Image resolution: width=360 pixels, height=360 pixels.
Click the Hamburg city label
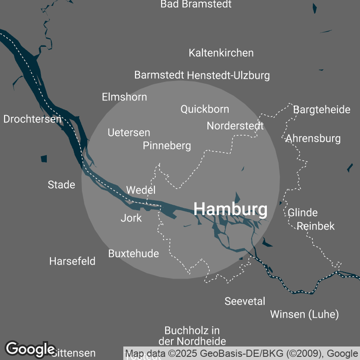click(230, 209)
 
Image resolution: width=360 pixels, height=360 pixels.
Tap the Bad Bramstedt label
click(196, 4)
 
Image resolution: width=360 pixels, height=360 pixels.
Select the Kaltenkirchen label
click(221, 53)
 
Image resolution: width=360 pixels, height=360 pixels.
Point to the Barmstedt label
click(159, 75)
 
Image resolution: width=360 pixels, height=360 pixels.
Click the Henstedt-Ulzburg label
click(229, 75)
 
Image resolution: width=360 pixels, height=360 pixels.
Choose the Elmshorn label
click(124, 97)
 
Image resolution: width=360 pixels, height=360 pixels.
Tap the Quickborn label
click(205, 109)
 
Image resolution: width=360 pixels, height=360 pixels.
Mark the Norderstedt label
click(235, 126)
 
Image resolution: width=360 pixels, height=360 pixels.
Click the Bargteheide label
click(321, 110)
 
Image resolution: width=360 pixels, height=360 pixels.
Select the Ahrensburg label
click(313, 138)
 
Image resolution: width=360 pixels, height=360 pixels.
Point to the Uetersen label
click(129, 133)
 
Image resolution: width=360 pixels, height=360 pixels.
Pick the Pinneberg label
click(167, 146)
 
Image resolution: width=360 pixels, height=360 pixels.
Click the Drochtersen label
click(32, 119)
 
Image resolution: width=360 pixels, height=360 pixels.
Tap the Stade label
click(61, 184)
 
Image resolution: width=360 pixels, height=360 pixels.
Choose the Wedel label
click(141, 190)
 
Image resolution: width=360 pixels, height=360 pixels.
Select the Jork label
click(131, 218)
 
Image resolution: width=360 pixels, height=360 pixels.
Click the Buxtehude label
click(134, 253)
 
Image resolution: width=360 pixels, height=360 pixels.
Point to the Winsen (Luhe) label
click(304, 314)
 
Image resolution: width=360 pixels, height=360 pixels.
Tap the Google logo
click(30, 349)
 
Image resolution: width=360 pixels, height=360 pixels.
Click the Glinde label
click(303, 212)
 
